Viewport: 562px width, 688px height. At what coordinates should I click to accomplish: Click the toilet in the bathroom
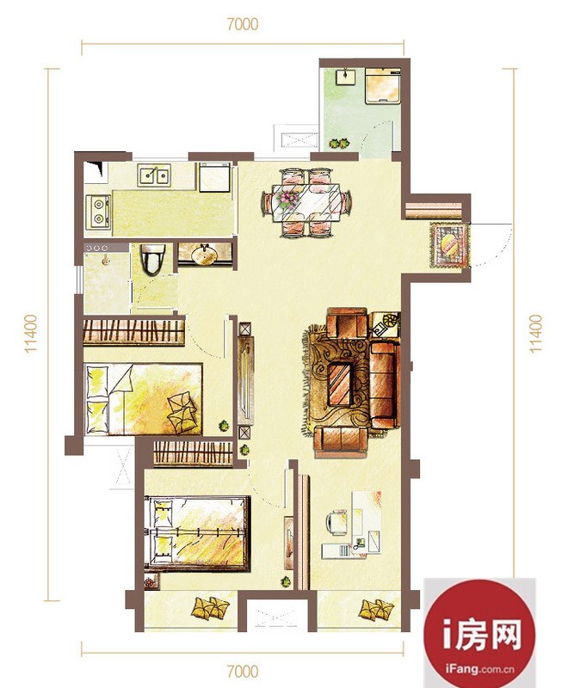[152, 260]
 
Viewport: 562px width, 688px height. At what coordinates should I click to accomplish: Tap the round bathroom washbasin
[204, 255]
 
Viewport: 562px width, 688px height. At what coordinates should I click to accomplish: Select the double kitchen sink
[154, 176]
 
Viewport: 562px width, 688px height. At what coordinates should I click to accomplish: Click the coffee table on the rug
[339, 384]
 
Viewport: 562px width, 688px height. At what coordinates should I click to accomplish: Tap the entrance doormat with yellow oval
[449, 245]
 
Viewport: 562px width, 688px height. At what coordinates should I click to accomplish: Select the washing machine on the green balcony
[383, 85]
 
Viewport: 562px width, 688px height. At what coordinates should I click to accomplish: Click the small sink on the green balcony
[347, 77]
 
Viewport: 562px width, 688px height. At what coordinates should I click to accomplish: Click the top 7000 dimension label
[243, 24]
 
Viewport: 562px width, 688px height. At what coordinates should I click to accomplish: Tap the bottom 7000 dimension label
[243, 672]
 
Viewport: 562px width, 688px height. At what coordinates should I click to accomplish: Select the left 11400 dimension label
[31, 334]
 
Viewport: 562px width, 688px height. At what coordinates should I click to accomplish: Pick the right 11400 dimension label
[535, 334]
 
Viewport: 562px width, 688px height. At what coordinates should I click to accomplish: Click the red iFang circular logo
[479, 633]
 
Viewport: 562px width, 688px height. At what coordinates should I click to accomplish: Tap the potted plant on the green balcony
[339, 143]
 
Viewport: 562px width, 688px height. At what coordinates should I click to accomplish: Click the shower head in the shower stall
[104, 261]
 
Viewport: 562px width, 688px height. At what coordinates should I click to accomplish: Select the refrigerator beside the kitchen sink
[214, 177]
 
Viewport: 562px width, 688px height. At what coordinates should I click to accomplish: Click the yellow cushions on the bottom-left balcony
[210, 608]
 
